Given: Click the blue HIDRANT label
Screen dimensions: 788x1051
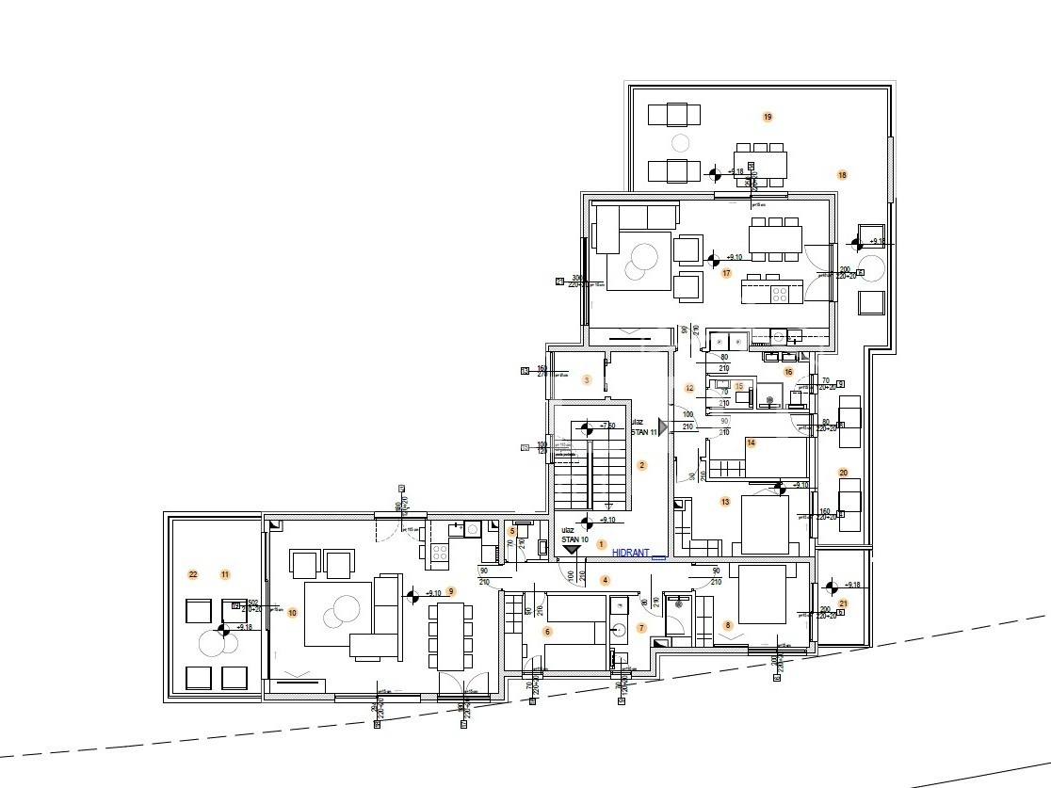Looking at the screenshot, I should [x=630, y=554].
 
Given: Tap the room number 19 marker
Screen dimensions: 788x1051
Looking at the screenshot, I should [x=768, y=117].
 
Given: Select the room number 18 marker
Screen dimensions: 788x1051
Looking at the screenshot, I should [x=842, y=175].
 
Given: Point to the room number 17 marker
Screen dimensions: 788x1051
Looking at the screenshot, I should [x=726, y=273].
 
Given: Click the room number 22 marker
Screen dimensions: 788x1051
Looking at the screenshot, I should [x=193, y=574].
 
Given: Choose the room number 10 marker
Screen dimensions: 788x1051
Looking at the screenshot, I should [x=292, y=613].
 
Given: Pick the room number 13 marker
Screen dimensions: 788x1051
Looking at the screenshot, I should [x=725, y=502].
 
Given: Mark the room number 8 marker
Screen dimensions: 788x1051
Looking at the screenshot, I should [x=727, y=624].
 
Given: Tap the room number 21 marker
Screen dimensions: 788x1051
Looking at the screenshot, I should [x=843, y=603].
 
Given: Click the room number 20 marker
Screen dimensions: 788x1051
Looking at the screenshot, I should [x=843, y=473].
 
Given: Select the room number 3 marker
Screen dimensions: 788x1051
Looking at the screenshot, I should [x=587, y=379].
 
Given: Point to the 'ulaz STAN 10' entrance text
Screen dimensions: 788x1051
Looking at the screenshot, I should [x=574, y=536].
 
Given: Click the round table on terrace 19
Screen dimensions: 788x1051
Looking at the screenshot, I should [x=680, y=144].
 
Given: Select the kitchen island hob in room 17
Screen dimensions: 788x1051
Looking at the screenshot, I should [x=781, y=292].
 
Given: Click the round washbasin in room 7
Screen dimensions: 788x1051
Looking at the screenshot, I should [x=621, y=630].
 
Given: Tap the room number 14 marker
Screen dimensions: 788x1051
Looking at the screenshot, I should [x=751, y=442].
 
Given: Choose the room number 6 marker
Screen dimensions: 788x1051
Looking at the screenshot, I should [x=547, y=632].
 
